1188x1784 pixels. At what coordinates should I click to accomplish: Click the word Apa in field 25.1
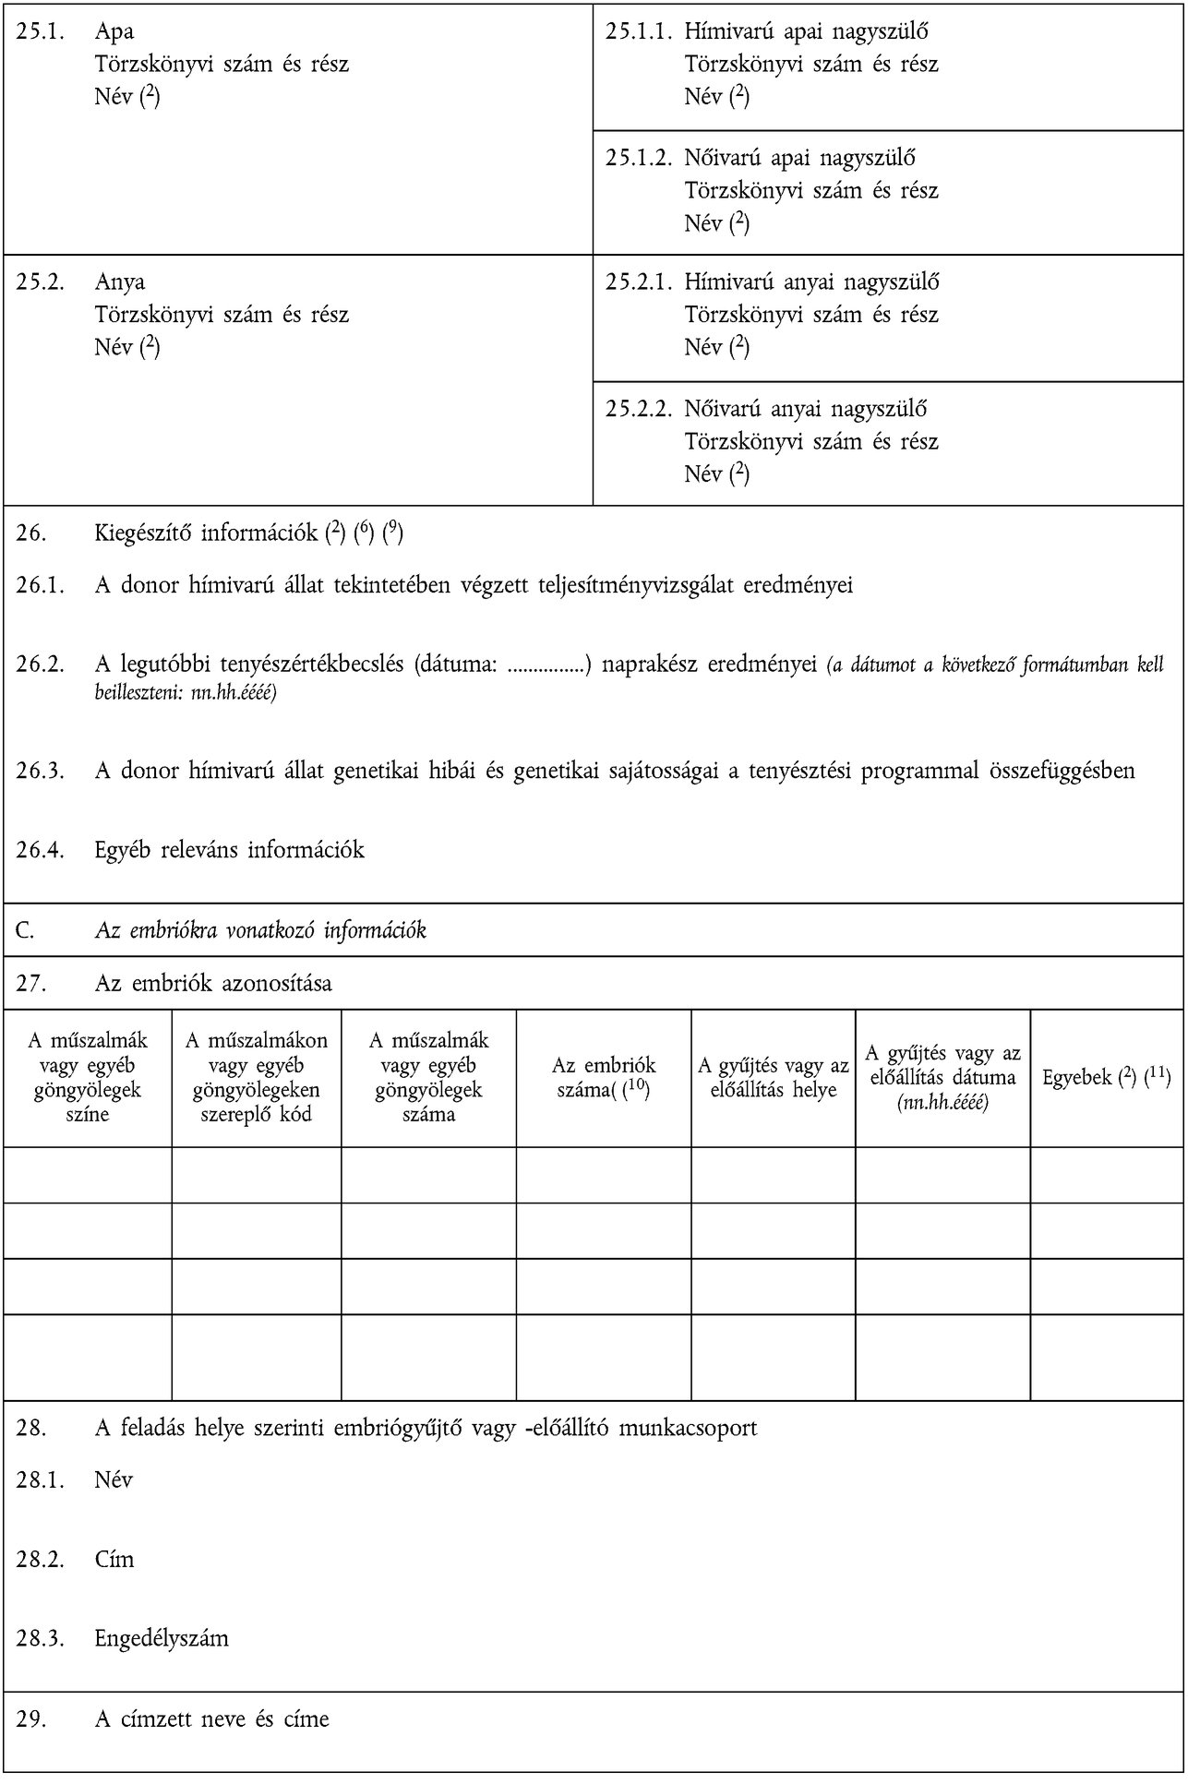pos(114,32)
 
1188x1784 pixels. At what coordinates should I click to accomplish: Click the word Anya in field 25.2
pos(119,282)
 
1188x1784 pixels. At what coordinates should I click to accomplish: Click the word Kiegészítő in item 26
pos(143,533)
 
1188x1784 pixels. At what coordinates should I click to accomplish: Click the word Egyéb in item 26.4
pos(123,850)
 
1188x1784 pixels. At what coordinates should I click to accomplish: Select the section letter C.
pos(25,930)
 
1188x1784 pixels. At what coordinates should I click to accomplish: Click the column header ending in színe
pos(88,1078)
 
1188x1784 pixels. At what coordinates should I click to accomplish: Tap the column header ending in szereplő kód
pos(257,1078)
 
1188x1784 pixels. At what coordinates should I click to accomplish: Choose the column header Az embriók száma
pos(603,1078)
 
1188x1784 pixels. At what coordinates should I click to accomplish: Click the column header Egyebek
pos(1106,1077)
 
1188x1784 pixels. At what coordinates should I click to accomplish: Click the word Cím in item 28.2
pos(114,1560)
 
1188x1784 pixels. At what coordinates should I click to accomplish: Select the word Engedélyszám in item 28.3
pos(162,1639)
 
